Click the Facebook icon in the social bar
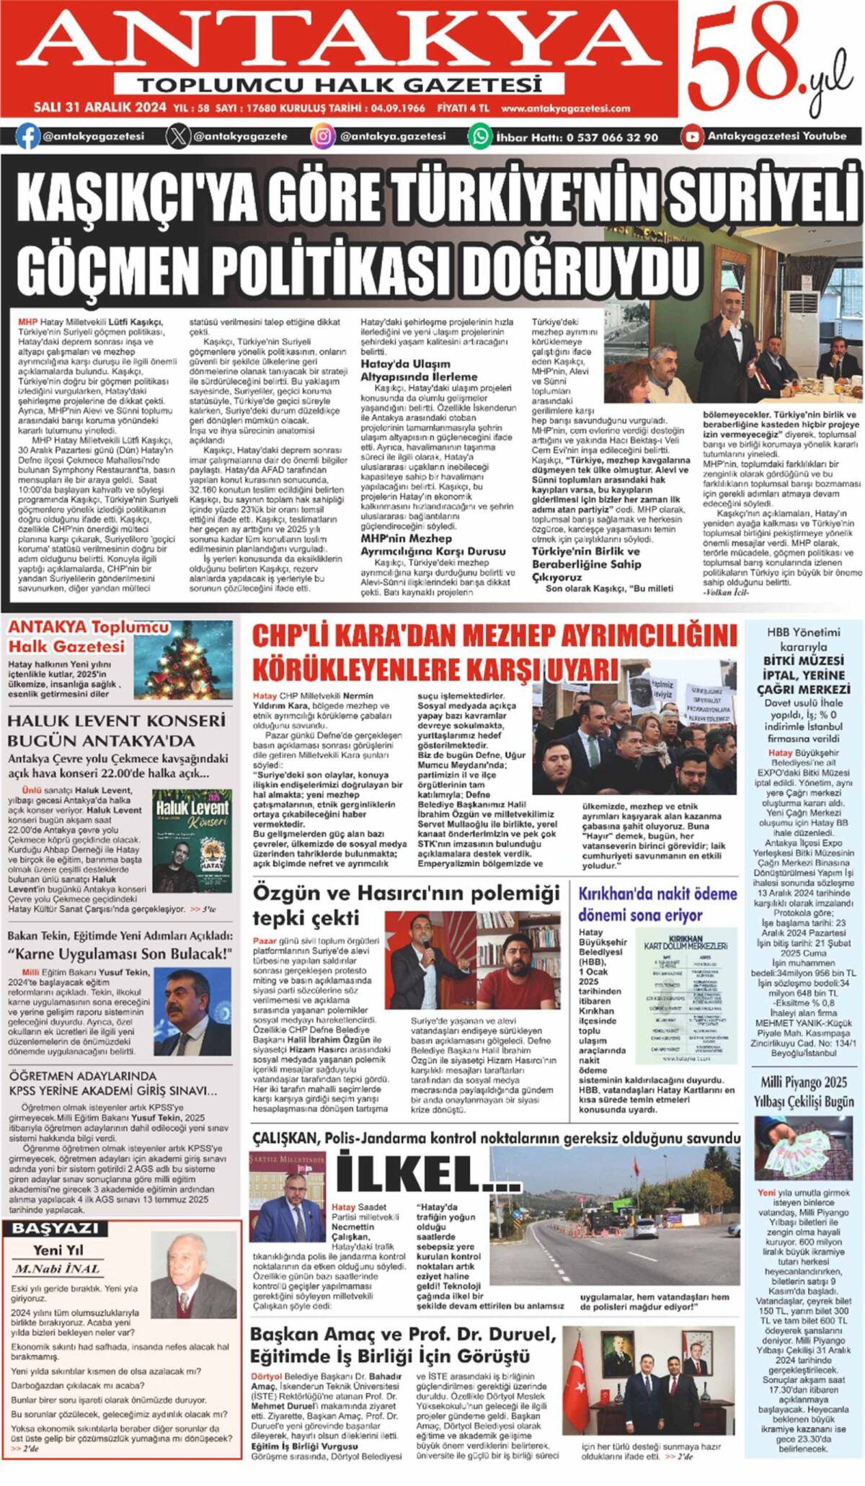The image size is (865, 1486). tap(27, 136)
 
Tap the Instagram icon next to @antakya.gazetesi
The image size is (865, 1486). tap(323, 136)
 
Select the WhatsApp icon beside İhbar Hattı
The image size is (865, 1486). tap(480, 136)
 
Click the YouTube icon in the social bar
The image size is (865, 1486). tap(692, 136)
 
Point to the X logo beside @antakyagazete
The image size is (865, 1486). tap(178, 136)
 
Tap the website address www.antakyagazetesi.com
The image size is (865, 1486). tap(565, 109)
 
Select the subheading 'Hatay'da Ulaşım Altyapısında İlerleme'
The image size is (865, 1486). tap(419, 370)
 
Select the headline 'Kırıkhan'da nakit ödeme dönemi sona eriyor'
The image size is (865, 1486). tap(657, 904)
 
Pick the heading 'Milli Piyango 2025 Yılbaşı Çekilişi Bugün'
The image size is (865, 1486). tap(803, 1092)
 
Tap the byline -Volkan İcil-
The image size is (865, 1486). tap(726, 592)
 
